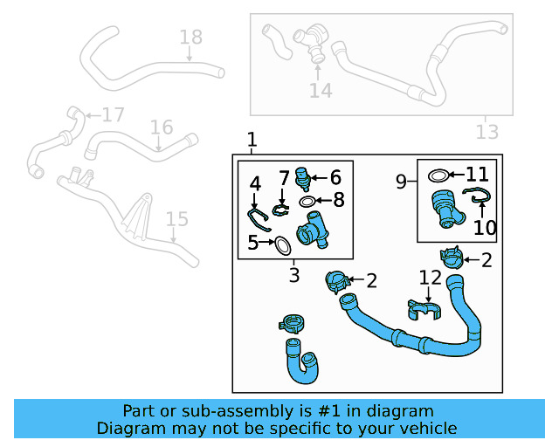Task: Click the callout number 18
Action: pyautogui.click(x=190, y=37)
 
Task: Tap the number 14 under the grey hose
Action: pyautogui.click(x=321, y=90)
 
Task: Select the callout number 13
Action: pyautogui.click(x=487, y=132)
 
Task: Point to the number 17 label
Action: pyautogui.click(x=113, y=114)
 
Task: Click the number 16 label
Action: pyautogui.click(x=162, y=127)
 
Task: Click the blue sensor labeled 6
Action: pyautogui.click(x=303, y=177)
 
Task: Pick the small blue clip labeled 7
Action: pyautogui.click(x=280, y=209)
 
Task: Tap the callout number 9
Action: pyautogui.click(x=401, y=182)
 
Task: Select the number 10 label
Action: pyautogui.click(x=484, y=228)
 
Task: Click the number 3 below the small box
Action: pyautogui.click(x=294, y=276)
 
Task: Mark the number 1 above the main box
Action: pyautogui.click(x=252, y=140)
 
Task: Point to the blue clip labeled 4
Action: pyautogui.click(x=256, y=218)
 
